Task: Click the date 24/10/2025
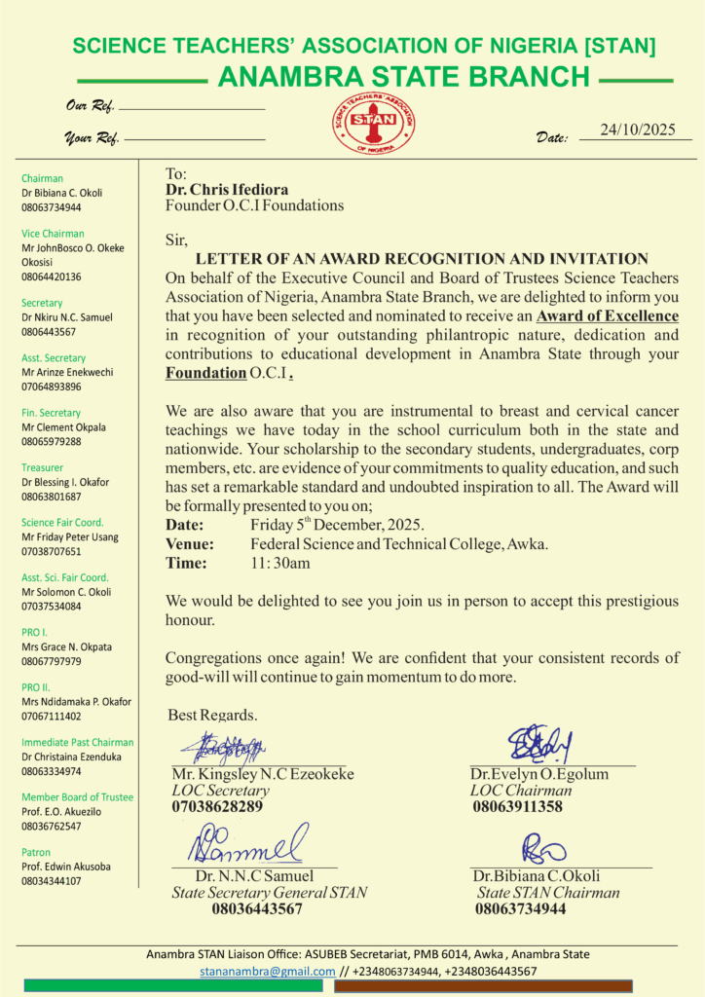638,129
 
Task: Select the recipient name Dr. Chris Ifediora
227,189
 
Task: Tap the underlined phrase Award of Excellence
608,315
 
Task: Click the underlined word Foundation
205,372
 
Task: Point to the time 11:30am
280,562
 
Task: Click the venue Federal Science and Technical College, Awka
399,543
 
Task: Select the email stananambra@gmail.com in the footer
267,971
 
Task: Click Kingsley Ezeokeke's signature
230,748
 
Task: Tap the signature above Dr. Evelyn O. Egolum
538,744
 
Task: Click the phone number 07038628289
217,806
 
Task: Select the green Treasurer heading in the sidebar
43,467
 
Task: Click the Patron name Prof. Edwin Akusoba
65,867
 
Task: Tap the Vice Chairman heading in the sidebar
53,234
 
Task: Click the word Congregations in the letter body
212,658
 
